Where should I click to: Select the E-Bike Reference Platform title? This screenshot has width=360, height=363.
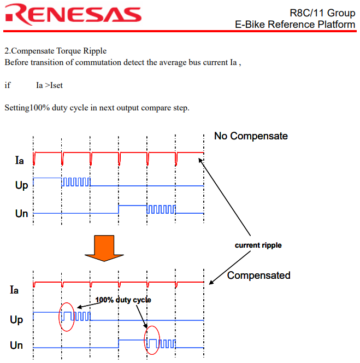pos(294,25)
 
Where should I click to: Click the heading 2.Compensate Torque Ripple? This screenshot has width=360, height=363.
pos(56,51)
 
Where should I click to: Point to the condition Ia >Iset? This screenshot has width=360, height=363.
pos(49,85)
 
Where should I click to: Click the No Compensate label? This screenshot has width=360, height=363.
pos(251,136)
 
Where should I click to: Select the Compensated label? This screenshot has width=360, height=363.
pos(258,275)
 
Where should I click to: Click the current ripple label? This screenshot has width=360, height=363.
pos(258,245)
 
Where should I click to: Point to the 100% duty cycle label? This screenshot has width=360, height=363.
pos(123,300)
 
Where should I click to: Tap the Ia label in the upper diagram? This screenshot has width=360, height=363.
pos(20,161)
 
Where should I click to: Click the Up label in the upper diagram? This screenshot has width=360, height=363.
pos(21,185)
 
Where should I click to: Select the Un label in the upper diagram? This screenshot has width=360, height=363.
pos(21,213)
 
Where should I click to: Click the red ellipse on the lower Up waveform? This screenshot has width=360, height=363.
pos(67,317)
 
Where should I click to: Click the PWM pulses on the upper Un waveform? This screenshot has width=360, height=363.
pos(161,209)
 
